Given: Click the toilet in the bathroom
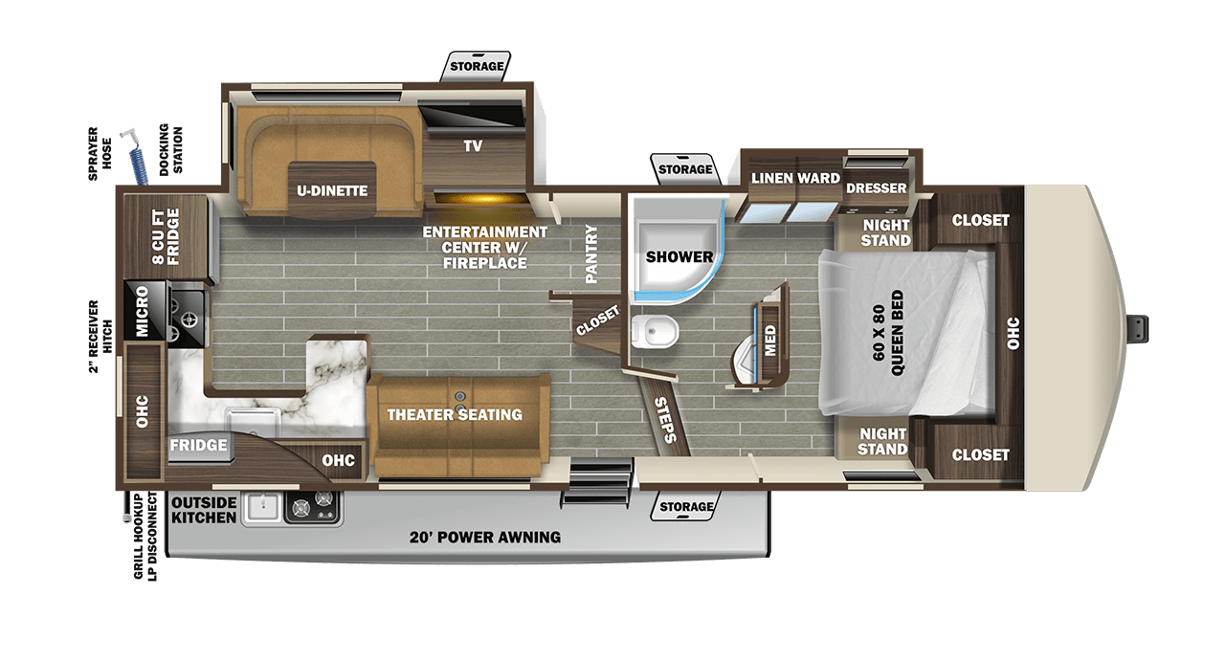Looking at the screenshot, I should [657, 330].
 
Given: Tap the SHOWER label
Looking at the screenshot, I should [679, 256].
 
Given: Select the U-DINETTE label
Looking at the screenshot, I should [331, 190].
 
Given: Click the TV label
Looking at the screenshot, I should [473, 146].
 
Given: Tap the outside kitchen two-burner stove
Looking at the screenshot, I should [314, 507].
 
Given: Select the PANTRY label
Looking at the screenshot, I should [590, 253].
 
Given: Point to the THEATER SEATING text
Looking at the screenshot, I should [455, 414].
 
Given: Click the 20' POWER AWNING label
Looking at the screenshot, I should [482, 537].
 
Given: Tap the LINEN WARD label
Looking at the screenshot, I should [795, 178].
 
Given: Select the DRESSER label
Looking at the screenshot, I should [876, 188].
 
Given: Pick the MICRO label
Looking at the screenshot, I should [141, 312].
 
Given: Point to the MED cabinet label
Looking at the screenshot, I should [770, 338].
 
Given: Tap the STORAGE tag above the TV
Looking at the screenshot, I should [476, 66].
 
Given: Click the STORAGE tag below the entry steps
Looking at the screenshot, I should [686, 507].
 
